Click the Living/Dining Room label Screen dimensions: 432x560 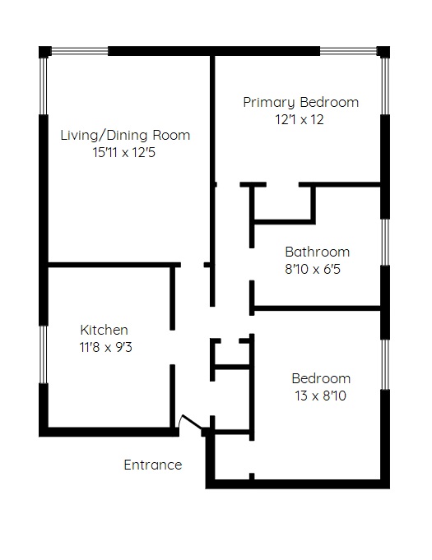125,136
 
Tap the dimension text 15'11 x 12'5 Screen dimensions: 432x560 124,153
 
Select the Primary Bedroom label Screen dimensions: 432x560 301,103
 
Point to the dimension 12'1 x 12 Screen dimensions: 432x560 300,119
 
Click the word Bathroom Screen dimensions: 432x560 318,252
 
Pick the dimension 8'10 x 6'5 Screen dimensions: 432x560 313,269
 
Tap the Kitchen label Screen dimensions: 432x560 104,330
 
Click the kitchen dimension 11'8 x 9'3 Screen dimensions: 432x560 106,347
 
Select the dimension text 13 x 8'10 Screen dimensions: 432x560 321,396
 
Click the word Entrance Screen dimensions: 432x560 153,465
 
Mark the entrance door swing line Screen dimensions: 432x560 193,421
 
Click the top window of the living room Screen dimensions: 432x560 80,52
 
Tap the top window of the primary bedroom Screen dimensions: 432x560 348,52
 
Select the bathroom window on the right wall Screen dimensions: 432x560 385,242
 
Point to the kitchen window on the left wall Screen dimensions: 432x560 44,354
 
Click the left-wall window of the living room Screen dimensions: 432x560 44,86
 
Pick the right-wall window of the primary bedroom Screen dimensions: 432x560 385,86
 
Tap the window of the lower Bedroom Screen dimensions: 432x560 385,364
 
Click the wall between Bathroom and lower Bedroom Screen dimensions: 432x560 317,308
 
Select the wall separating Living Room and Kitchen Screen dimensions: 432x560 114,265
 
